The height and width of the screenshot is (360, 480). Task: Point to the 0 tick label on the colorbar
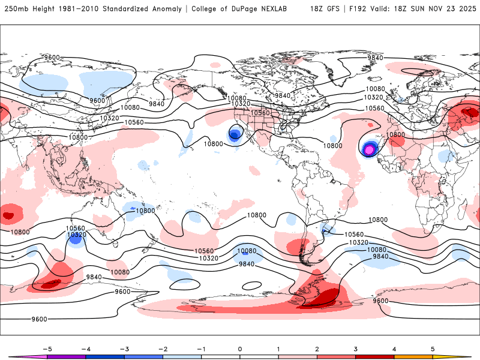click(239, 349)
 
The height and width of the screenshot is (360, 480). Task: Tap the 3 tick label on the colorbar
click(355, 349)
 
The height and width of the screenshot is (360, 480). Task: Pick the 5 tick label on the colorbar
click(433, 349)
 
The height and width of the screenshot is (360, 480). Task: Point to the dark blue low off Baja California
click(234, 135)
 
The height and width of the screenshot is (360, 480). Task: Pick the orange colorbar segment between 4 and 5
click(413, 357)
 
